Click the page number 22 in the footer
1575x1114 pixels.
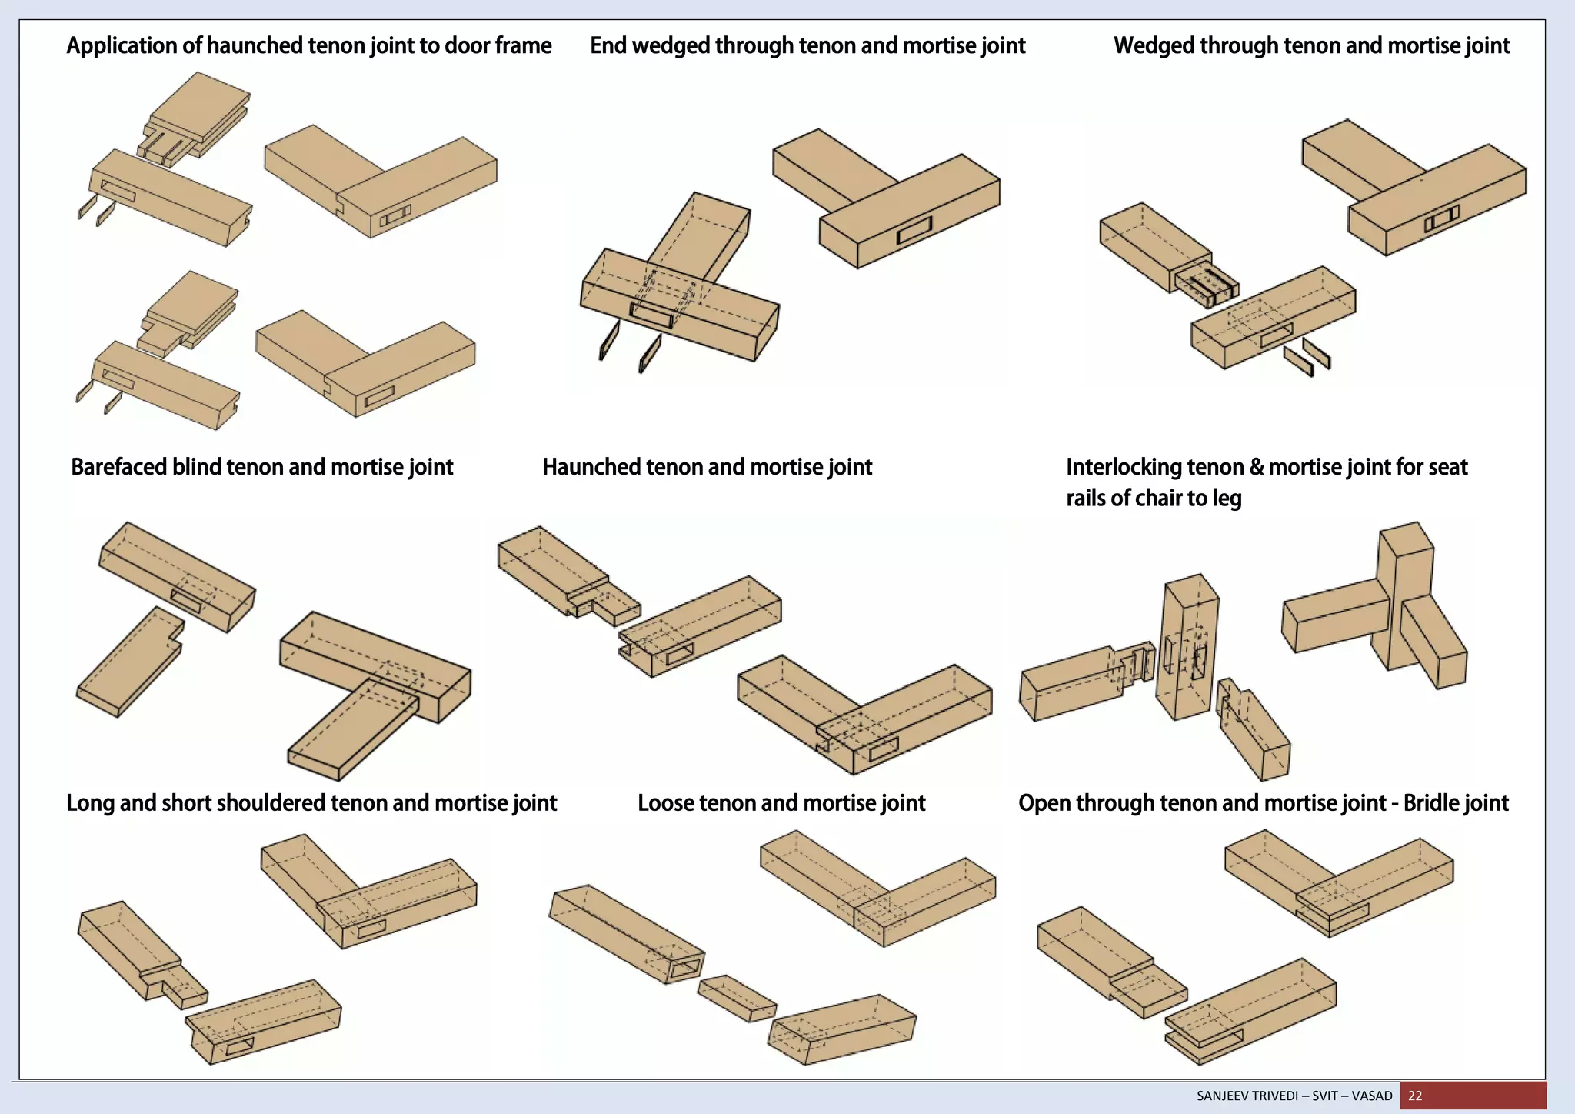click(x=1415, y=1096)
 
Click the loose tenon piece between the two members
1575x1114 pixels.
click(x=737, y=998)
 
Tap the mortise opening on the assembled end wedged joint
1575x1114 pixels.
click(x=914, y=230)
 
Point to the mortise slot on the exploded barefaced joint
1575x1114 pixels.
click(x=185, y=601)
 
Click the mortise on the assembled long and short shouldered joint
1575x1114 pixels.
click(x=371, y=929)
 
